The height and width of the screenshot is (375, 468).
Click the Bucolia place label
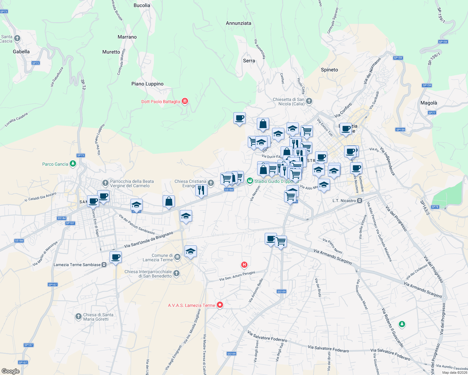tap(142, 5)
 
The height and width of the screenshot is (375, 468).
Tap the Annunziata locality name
tap(238, 23)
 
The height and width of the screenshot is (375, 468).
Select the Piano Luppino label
tap(147, 84)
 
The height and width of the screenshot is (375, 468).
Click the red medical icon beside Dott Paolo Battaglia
tap(185, 101)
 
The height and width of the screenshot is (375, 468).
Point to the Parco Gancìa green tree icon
tap(73, 164)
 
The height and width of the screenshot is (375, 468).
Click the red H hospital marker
tap(244, 265)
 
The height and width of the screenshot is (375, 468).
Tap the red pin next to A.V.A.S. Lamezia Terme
tap(220, 305)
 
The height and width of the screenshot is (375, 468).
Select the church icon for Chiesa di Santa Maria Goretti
tap(79, 317)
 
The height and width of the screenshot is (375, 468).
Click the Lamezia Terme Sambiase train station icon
tap(104, 265)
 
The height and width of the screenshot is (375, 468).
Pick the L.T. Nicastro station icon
tap(360, 201)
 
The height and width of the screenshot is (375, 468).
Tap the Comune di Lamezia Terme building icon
tap(177, 257)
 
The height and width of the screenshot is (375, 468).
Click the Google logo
tap(10, 371)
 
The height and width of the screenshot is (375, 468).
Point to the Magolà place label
tap(429, 103)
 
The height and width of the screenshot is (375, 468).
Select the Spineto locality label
tap(329, 70)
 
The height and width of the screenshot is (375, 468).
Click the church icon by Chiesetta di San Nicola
tap(309, 101)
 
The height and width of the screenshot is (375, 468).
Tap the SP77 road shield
tap(432, 113)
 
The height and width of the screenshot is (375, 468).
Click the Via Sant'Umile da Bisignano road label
tap(149, 240)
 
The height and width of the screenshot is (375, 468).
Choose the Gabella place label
tap(21, 52)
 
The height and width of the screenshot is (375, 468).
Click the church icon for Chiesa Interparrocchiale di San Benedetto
tap(176, 274)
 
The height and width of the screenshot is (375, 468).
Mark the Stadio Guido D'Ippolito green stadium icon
tap(250, 181)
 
